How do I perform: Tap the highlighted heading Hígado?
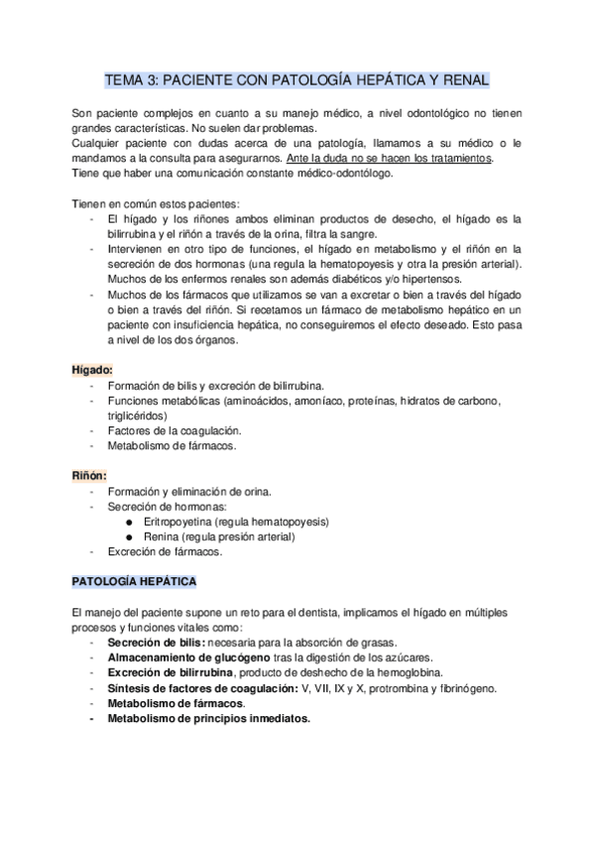(91, 369)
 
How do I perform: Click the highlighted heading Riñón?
(89, 475)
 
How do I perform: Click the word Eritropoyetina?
(179, 522)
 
